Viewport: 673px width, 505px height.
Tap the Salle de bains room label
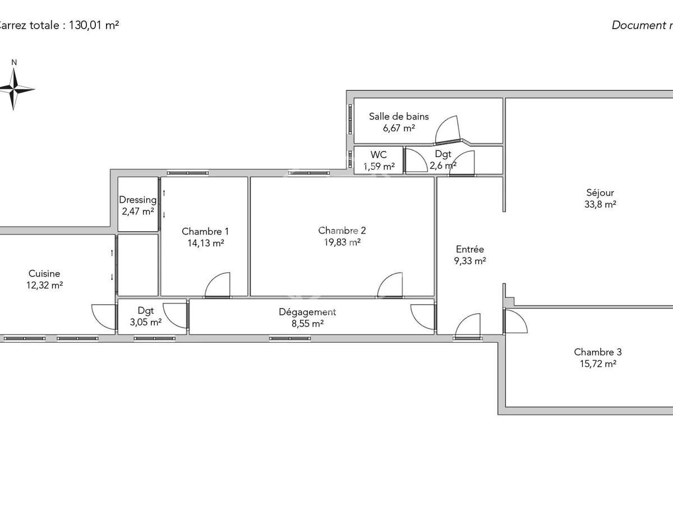click(399, 117)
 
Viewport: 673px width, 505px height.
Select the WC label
click(379, 154)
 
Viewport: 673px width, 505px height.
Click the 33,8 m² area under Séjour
click(600, 205)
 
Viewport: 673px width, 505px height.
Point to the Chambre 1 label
click(205, 231)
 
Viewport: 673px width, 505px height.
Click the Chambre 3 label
click(598, 352)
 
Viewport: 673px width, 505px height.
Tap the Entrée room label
click(469, 249)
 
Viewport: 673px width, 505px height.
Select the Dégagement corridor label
click(307, 312)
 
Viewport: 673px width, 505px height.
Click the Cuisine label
click(44, 274)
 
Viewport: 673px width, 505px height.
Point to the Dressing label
click(138, 200)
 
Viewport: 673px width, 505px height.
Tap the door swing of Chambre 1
click(218, 284)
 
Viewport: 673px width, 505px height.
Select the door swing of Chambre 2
click(390, 284)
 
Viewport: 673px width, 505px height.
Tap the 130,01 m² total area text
click(94, 25)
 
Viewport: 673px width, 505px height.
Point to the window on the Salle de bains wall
click(351, 118)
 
